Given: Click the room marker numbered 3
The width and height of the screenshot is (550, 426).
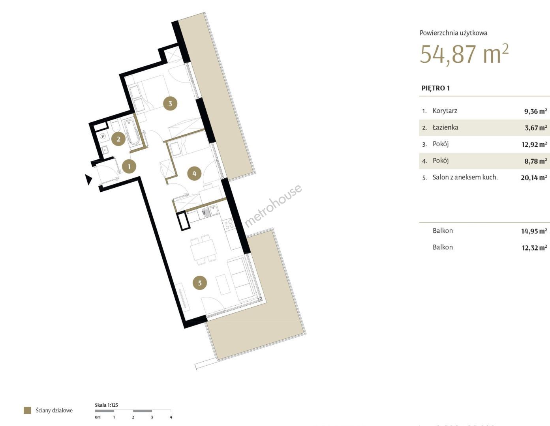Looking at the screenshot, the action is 170,103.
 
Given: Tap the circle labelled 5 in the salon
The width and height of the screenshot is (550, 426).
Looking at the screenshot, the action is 200,283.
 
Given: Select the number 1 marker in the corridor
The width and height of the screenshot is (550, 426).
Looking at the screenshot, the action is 129,166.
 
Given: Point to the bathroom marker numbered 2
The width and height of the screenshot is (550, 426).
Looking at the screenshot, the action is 118,139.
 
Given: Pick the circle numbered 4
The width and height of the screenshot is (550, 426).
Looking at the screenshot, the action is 194,174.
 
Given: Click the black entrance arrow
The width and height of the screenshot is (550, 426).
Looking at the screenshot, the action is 88,179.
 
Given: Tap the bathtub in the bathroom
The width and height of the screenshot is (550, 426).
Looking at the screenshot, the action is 131,132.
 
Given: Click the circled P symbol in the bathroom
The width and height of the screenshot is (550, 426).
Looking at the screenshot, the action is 103,136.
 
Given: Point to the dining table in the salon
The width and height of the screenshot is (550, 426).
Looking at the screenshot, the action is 203,249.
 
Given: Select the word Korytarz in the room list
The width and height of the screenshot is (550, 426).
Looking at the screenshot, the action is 445,111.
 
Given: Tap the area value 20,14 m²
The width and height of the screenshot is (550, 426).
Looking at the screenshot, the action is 534,177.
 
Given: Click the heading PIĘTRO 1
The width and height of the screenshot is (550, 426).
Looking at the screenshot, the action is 435,88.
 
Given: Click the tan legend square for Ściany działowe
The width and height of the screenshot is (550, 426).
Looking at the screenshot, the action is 27,410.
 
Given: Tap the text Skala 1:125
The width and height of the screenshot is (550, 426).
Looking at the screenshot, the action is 106,405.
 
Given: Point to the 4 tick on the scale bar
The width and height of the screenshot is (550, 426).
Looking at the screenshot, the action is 171,417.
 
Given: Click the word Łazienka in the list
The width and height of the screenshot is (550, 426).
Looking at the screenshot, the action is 445,127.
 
